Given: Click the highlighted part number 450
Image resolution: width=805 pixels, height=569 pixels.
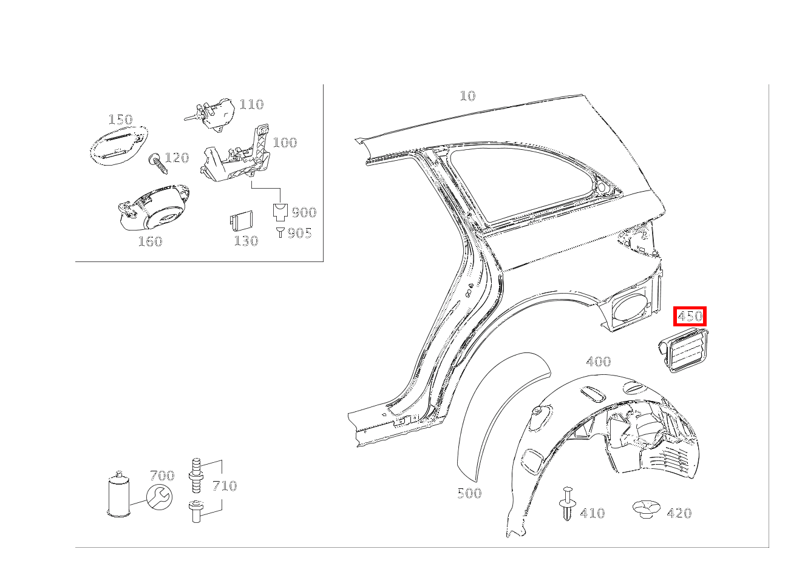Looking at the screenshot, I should coord(690,316).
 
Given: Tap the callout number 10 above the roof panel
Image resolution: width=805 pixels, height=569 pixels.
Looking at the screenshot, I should coord(467,96).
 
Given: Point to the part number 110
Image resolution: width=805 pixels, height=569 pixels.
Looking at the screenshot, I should coord(251,104).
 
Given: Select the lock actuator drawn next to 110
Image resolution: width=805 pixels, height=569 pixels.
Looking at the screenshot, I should coord(213,113).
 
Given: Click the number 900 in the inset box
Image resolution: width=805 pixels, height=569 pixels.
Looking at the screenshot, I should coord(304,212).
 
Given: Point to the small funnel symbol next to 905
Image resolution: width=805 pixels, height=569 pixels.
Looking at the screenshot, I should coord(280,232).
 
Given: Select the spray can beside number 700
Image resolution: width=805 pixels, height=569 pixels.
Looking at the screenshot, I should coord(119,494).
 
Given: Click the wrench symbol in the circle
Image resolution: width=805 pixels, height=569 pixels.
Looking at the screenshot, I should coord(159,497).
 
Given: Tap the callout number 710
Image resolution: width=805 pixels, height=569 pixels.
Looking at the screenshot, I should coord(224,486).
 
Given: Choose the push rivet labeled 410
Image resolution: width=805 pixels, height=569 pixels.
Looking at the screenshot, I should coord(567,503).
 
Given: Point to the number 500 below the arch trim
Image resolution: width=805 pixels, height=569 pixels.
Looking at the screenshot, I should coord(469,493).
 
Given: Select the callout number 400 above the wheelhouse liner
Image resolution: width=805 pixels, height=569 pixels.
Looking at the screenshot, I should coord(598,362).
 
